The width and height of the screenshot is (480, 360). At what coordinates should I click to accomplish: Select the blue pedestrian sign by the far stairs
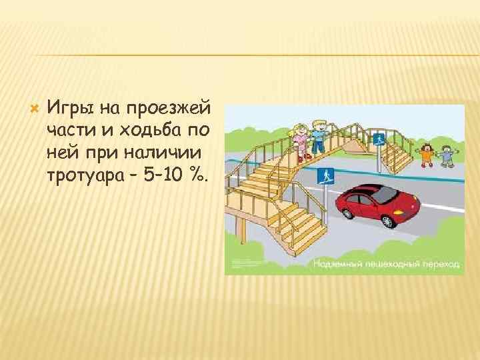[379, 139]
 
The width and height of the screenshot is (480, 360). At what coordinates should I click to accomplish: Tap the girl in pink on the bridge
[301, 139]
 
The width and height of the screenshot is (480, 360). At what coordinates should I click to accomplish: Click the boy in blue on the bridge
[319, 137]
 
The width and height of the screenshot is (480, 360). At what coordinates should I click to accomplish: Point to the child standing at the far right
[445, 155]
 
